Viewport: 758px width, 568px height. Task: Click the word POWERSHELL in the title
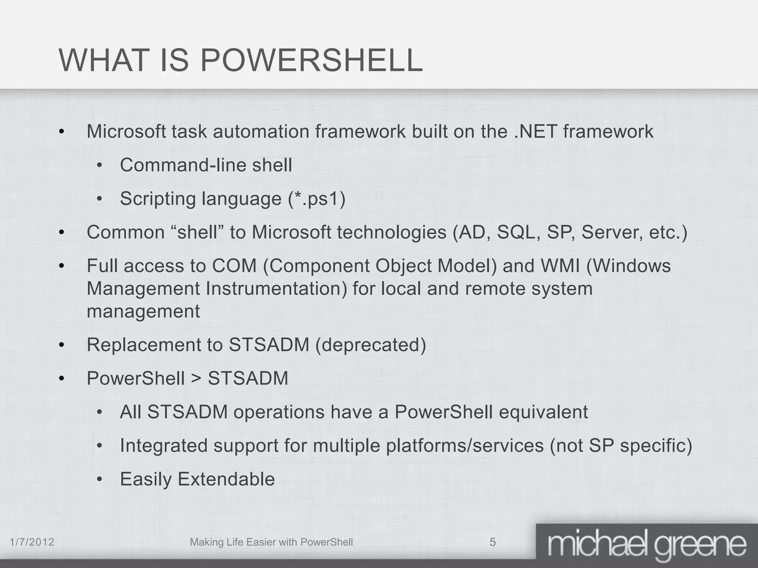pyautogui.click(x=311, y=60)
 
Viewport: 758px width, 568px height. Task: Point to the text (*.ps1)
pyautogui.click(x=317, y=199)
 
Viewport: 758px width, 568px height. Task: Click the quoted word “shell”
pyautogui.click(x=197, y=233)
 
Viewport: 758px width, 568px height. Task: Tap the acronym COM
pyautogui.click(x=234, y=266)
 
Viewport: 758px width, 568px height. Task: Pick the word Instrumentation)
pyautogui.click(x=276, y=289)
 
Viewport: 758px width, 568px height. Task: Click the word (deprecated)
pyautogui.click(x=371, y=345)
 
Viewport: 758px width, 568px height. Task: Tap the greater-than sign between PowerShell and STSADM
pyautogui.click(x=196, y=379)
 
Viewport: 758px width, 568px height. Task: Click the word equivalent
pyautogui.click(x=543, y=412)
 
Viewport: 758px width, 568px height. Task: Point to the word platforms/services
pyautogui.click(x=465, y=446)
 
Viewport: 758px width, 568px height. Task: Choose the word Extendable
pyautogui.click(x=226, y=479)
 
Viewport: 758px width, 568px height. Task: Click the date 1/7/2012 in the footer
pyautogui.click(x=32, y=542)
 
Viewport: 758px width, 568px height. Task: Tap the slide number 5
pyautogui.click(x=493, y=542)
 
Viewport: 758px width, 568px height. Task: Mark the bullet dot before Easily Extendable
pyautogui.click(x=99, y=480)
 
